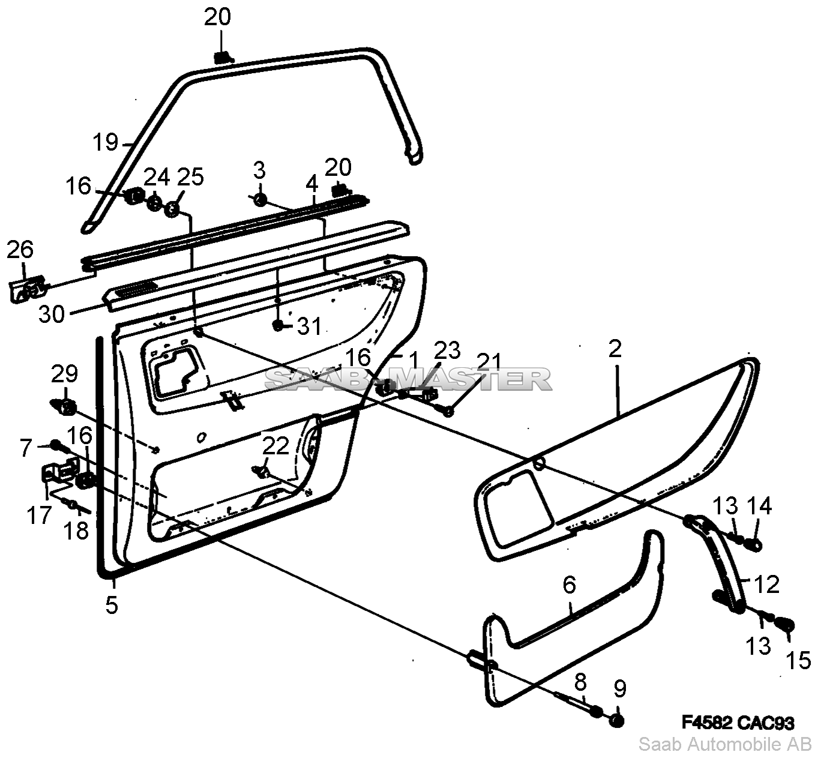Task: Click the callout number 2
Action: [x=615, y=349]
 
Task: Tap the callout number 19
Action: [x=106, y=143]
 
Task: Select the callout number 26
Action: [x=20, y=250]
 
